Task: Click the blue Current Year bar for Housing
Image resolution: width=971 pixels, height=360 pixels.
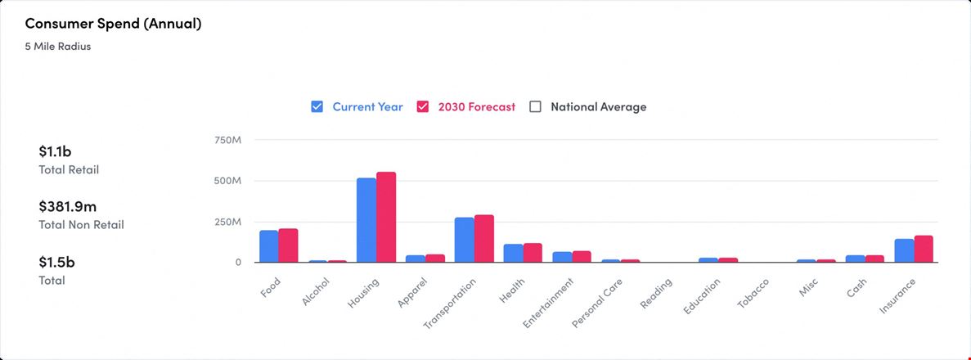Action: click(x=366, y=220)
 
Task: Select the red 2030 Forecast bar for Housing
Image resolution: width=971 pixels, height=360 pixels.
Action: click(x=386, y=217)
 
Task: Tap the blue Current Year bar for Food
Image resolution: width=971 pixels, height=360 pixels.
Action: click(x=269, y=246)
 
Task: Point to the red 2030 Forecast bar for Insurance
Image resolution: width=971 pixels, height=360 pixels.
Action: click(x=924, y=249)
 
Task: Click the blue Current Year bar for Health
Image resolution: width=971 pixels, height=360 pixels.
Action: click(x=514, y=254)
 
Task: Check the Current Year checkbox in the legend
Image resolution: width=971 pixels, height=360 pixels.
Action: click(x=317, y=106)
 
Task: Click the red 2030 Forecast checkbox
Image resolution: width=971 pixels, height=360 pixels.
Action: click(x=423, y=106)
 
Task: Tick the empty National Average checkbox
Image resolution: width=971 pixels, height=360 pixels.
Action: click(x=536, y=106)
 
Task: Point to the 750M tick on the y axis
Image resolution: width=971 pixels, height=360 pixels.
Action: click(x=227, y=140)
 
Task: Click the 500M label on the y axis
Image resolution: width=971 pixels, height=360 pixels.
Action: click(x=227, y=181)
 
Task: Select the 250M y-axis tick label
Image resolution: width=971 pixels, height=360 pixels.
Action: click(x=227, y=222)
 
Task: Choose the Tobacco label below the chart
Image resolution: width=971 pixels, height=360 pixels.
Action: click(x=753, y=293)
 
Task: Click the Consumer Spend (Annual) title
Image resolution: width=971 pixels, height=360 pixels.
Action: click(x=114, y=25)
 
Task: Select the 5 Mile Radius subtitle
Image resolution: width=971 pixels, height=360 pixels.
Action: click(x=58, y=47)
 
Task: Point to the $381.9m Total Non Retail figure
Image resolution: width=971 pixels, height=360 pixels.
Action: click(x=68, y=206)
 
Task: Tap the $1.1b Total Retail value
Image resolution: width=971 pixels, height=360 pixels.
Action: click(x=55, y=151)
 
